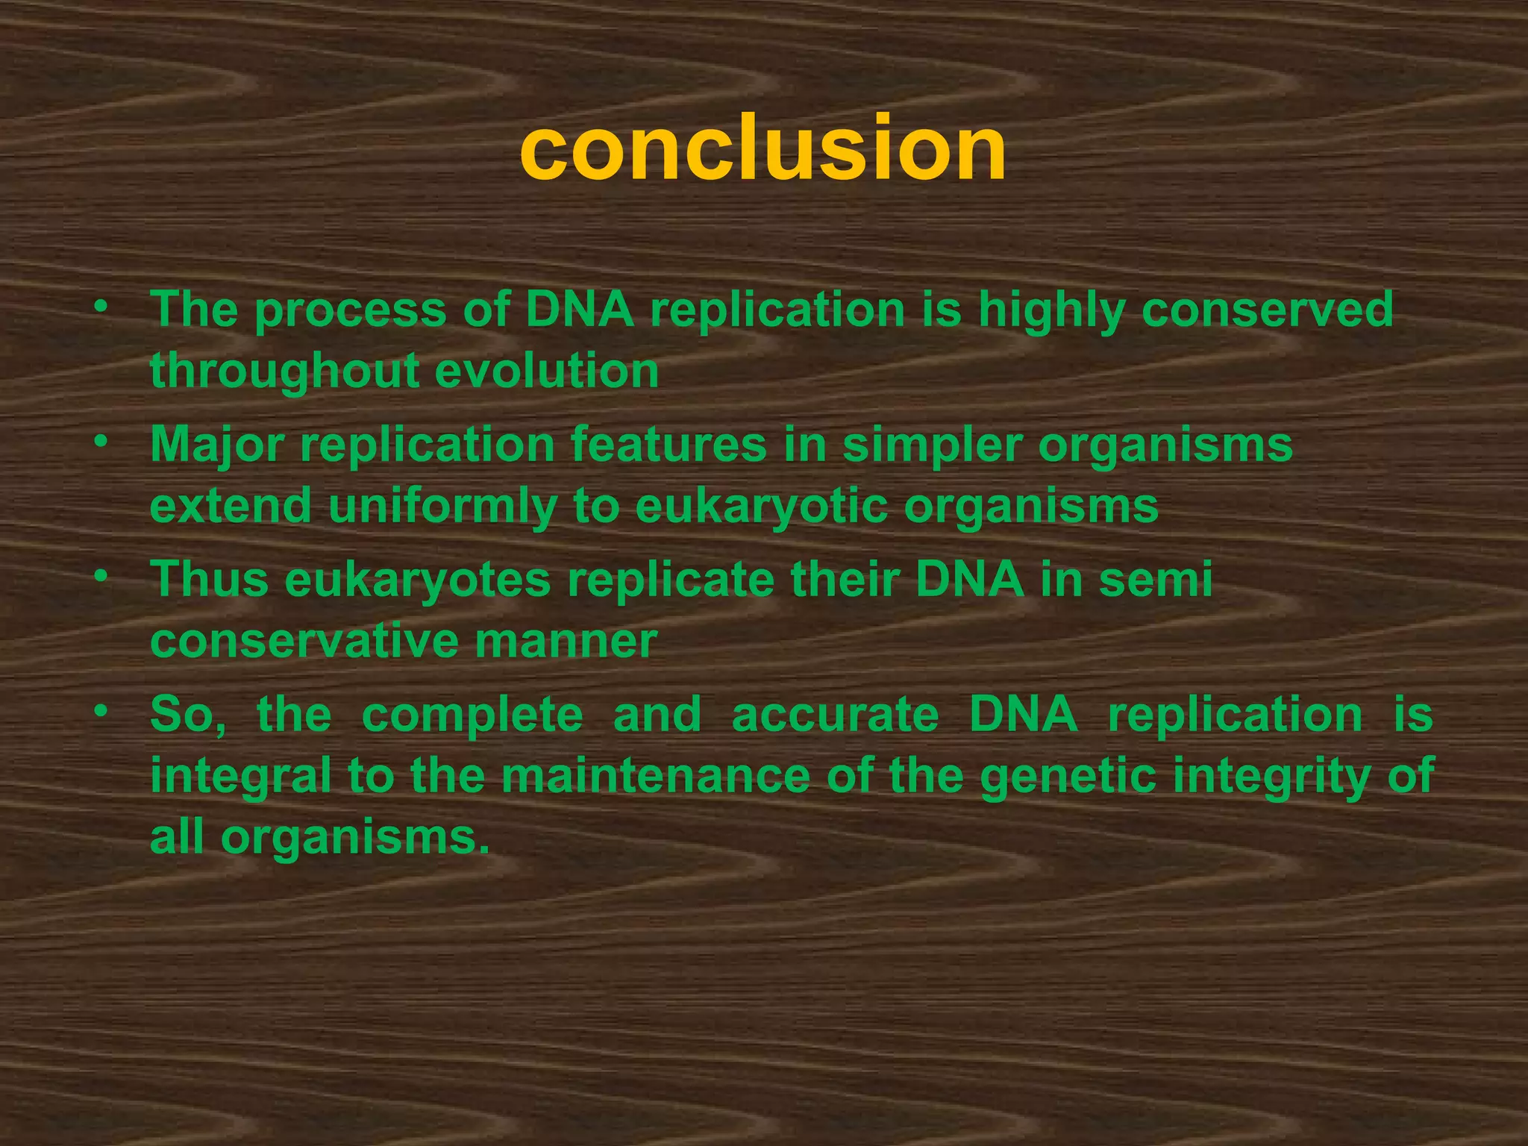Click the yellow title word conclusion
763,149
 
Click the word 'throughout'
284,372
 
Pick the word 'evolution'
547,372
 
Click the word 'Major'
217,445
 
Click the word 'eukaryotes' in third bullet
417,580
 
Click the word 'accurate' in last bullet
835,715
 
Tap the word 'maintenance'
655,776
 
